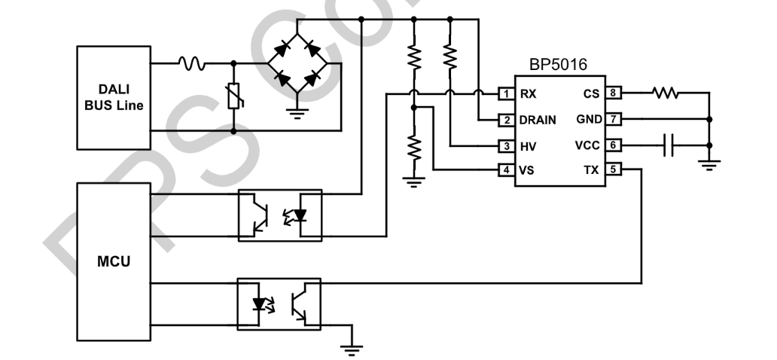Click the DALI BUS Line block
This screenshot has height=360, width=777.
113,97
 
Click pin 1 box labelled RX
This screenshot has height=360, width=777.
507,94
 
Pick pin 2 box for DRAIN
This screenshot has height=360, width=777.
507,120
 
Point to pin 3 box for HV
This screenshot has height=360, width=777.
507,145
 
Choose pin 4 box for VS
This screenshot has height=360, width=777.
507,170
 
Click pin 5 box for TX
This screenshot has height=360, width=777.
614,170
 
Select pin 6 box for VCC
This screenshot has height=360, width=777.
614,145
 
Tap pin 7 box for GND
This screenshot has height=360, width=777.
614,120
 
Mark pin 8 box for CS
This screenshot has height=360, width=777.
614,94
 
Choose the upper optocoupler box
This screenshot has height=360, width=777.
279,215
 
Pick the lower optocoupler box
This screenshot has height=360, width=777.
279,304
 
